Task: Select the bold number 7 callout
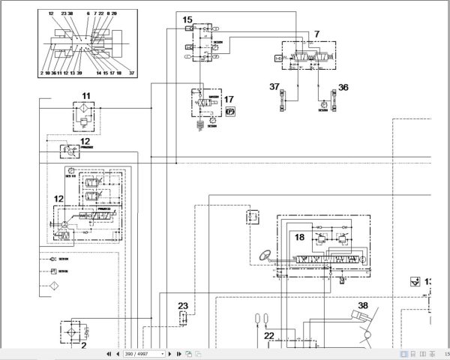point(316,34)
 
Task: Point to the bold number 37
point(275,88)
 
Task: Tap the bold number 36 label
point(343,88)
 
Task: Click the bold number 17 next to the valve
point(229,99)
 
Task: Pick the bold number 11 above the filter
point(85,95)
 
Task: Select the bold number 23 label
point(182,305)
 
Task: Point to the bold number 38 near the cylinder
point(363,305)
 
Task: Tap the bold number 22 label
point(268,335)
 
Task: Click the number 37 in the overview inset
point(131,73)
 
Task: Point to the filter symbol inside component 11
point(85,114)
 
